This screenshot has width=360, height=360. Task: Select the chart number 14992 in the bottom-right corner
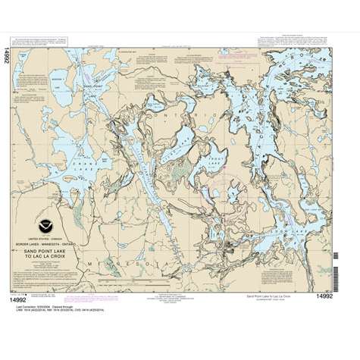[325, 296]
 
